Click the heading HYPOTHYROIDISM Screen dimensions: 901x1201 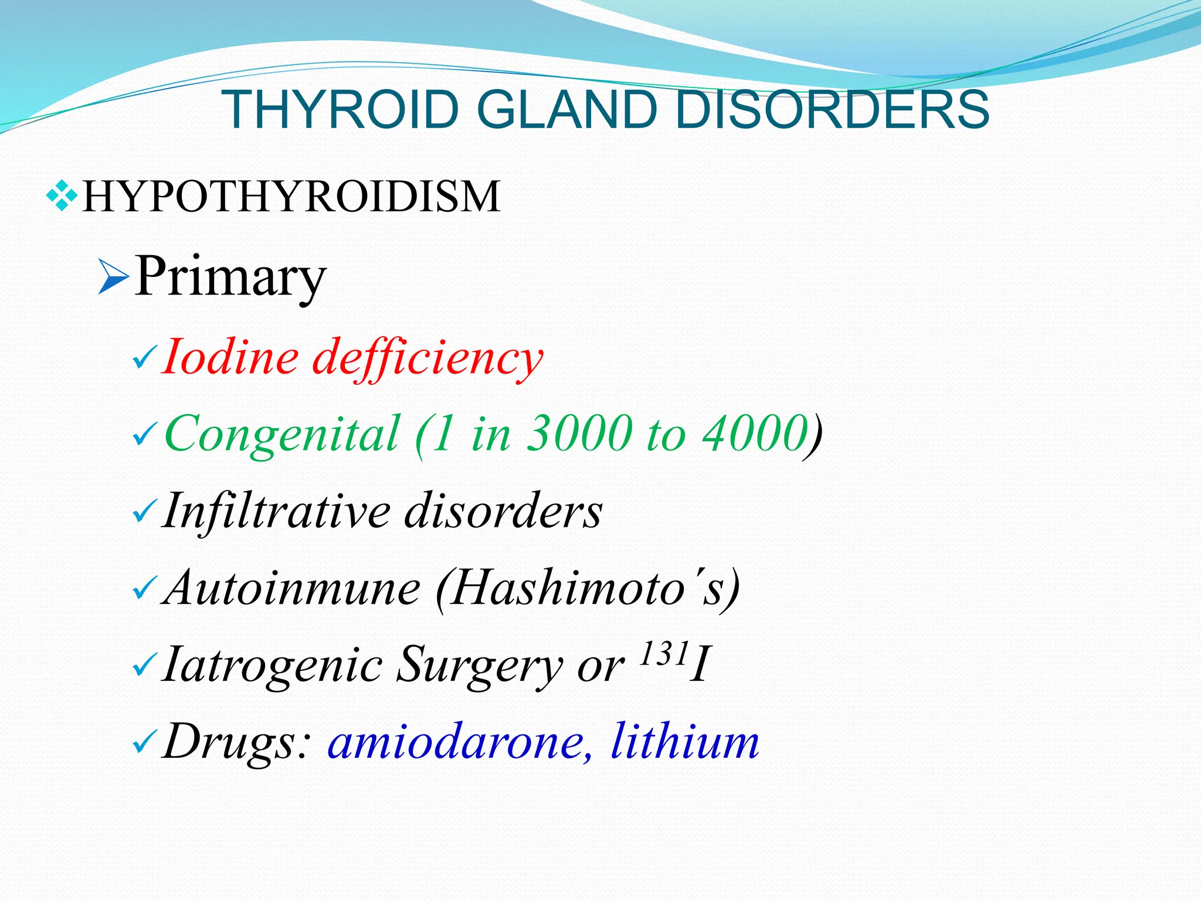[x=291, y=197]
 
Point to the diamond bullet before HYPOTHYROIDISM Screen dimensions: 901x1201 [x=62, y=195]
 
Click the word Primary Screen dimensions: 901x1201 [x=230, y=276]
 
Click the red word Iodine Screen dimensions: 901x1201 [x=230, y=357]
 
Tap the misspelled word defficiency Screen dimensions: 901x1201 [x=428, y=358]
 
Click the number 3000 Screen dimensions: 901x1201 [x=579, y=434]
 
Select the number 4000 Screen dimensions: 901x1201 [x=756, y=434]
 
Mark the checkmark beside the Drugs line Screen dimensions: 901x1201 [x=144, y=744]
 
